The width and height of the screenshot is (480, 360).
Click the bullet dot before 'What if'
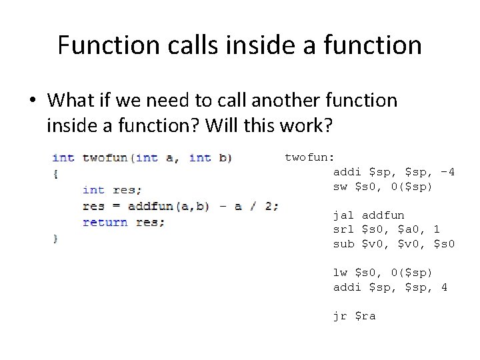point(31,101)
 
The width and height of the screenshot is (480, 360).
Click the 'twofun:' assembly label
point(309,157)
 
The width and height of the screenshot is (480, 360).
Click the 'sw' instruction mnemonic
point(340,187)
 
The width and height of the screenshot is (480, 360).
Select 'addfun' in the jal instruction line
point(383,215)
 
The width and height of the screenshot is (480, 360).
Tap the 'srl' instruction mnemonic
point(343,229)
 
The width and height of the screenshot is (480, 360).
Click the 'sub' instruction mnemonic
point(343,244)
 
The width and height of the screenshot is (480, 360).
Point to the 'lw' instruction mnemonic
point(340,273)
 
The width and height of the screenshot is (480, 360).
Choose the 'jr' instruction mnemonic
point(340,316)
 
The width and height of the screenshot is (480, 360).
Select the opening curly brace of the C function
point(56,174)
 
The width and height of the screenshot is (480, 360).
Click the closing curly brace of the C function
point(56,238)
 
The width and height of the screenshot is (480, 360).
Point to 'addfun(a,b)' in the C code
point(169,206)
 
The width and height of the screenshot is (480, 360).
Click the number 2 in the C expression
point(268,206)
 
